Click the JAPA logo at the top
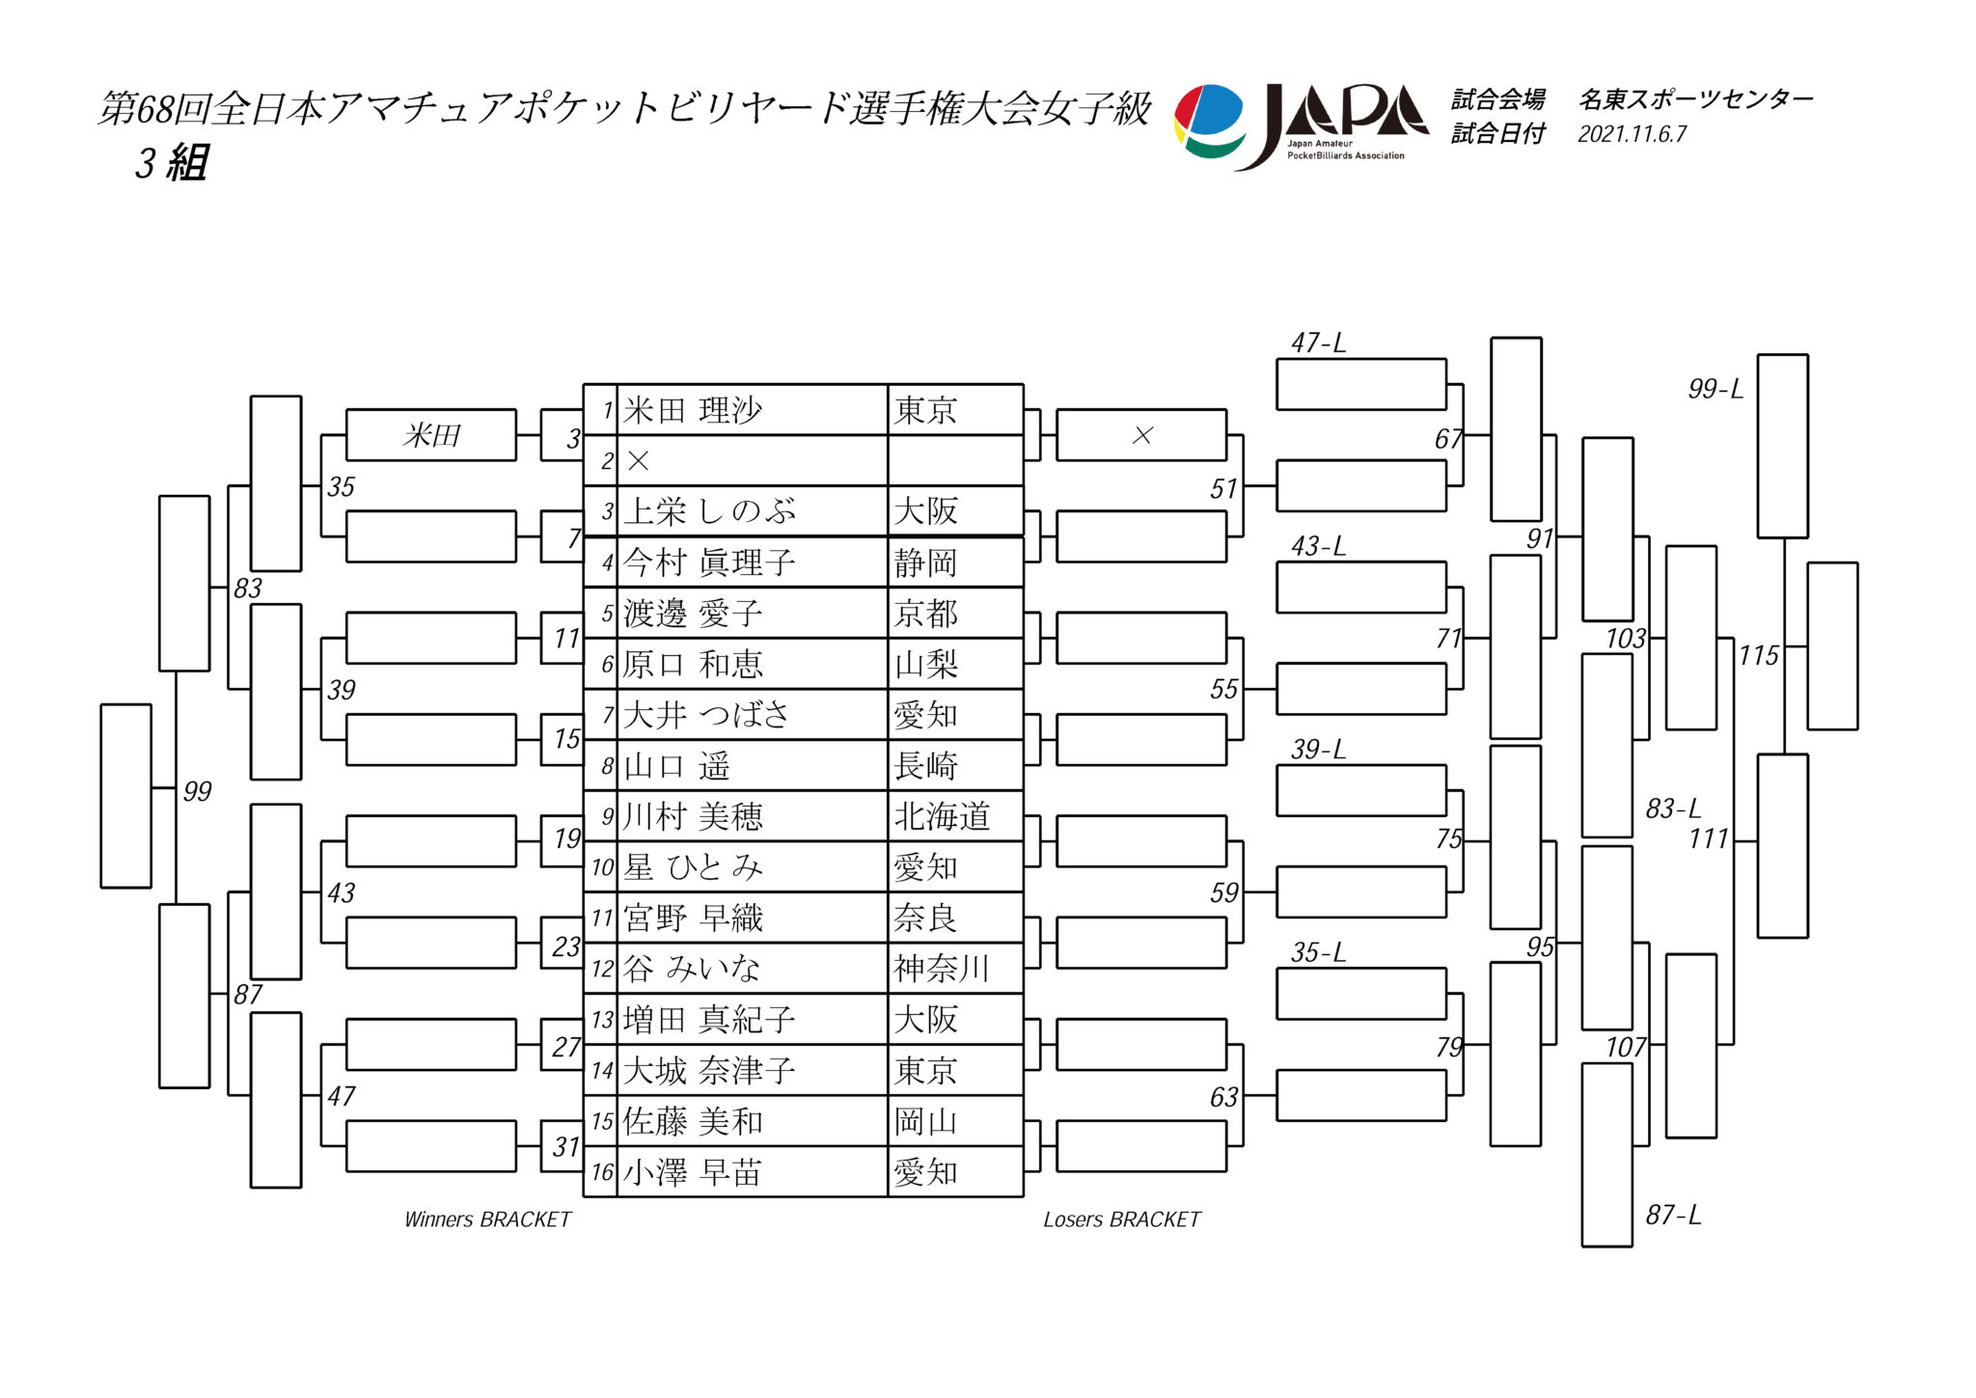click(1302, 126)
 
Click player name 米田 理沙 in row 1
click(693, 410)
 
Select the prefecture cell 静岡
click(925, 562)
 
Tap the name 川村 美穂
click(693, 817)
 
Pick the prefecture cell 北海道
click(942, 817)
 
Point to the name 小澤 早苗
click(692, 1172)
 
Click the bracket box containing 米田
click(431, 435)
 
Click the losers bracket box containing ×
click(1141, 435)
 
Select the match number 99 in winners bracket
click(197, 791)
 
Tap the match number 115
click(1758, 656)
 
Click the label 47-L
click(1318, 343)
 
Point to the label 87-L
click(1673, 1215)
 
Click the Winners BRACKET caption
click(488, 1220)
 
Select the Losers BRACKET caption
click(1122, 1220)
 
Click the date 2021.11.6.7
click(1633, 134)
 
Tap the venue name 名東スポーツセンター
click(1696, 98)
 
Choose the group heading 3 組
click(172, 162)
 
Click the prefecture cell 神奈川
click(942, 969)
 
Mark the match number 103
click(1626, 638)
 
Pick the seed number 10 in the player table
click(603, 867)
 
